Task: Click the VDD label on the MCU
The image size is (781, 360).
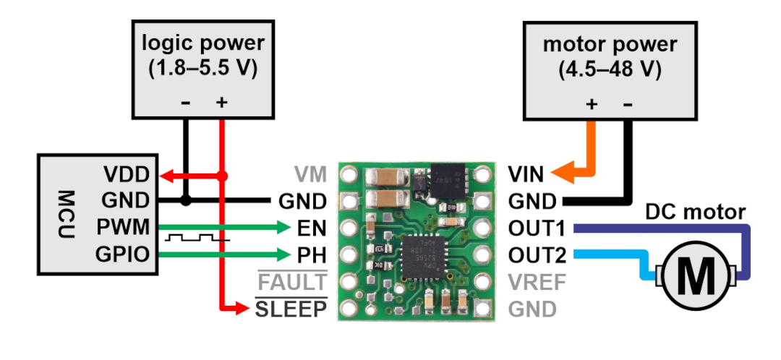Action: (x=126, y=175)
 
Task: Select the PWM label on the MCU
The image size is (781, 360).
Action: (x=123, y=227)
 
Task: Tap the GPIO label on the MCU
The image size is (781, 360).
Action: (x=122, y=254)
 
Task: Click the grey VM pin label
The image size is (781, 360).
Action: (x=310, y=175)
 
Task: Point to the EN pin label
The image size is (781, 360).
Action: (x=312, y=228)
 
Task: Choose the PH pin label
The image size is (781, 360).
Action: (x=312, y=255)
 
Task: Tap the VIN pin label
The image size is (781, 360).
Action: (x=526, y=175)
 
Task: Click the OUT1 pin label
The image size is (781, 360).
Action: (x=537, y=228)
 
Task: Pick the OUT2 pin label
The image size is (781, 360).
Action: (x=537, y=255)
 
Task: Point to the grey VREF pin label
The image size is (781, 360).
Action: (x=537, y=283)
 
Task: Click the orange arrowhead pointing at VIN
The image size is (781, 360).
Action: (x=562, y=174)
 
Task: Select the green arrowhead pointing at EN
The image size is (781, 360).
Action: (x=283, y=228)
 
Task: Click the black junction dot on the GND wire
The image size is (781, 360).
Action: (x=185, y=201)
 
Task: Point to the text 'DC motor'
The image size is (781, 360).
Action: (x=696, y=212)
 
